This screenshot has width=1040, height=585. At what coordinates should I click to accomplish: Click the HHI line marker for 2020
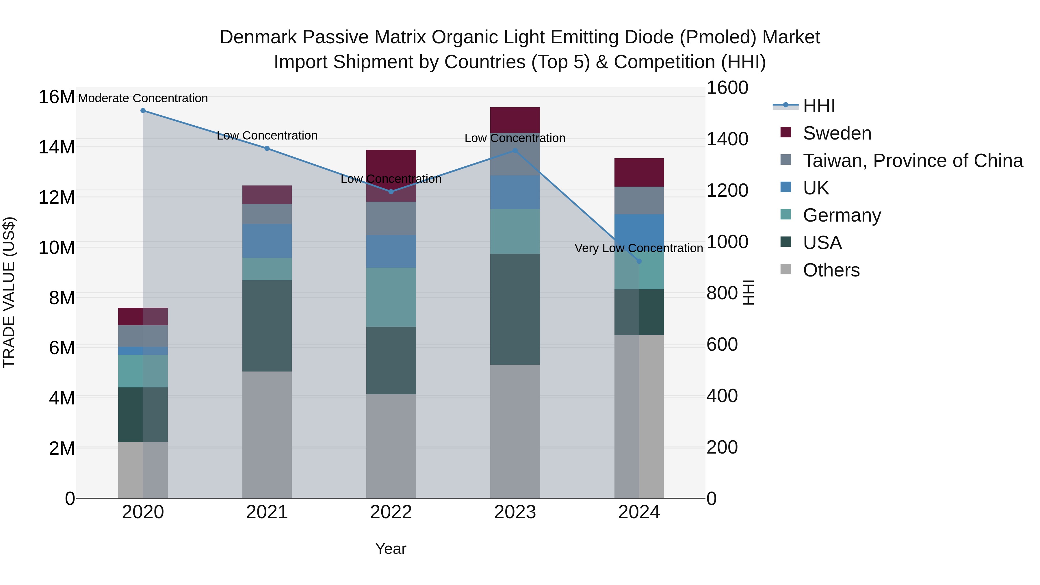tap(143, 111)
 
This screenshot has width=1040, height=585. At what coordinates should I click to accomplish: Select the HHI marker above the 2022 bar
tap(391, 192)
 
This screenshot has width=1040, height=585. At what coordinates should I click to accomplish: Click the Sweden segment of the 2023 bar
tap(515, 120)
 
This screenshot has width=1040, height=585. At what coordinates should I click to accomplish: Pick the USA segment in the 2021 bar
tap(267, 326)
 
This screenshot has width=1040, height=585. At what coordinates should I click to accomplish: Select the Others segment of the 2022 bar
tap(391, 446)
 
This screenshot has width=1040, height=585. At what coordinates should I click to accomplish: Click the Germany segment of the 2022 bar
tap(391, 297)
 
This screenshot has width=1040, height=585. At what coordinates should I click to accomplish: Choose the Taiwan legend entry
tap(912, 161)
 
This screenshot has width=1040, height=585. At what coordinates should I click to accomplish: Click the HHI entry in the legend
tap(818, 106)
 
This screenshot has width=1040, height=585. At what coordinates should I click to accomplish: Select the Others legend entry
tap(831, 270)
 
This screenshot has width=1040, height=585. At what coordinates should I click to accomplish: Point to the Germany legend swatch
tap(786, 214)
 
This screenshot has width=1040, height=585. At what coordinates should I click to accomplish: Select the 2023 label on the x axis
tap(515, 512)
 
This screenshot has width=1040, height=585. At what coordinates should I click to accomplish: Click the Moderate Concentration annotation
tap(143, 98)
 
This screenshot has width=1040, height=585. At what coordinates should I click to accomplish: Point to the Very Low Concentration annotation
tap(639, 248)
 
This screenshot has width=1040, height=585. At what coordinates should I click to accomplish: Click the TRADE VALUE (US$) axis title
tap(9, 292)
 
